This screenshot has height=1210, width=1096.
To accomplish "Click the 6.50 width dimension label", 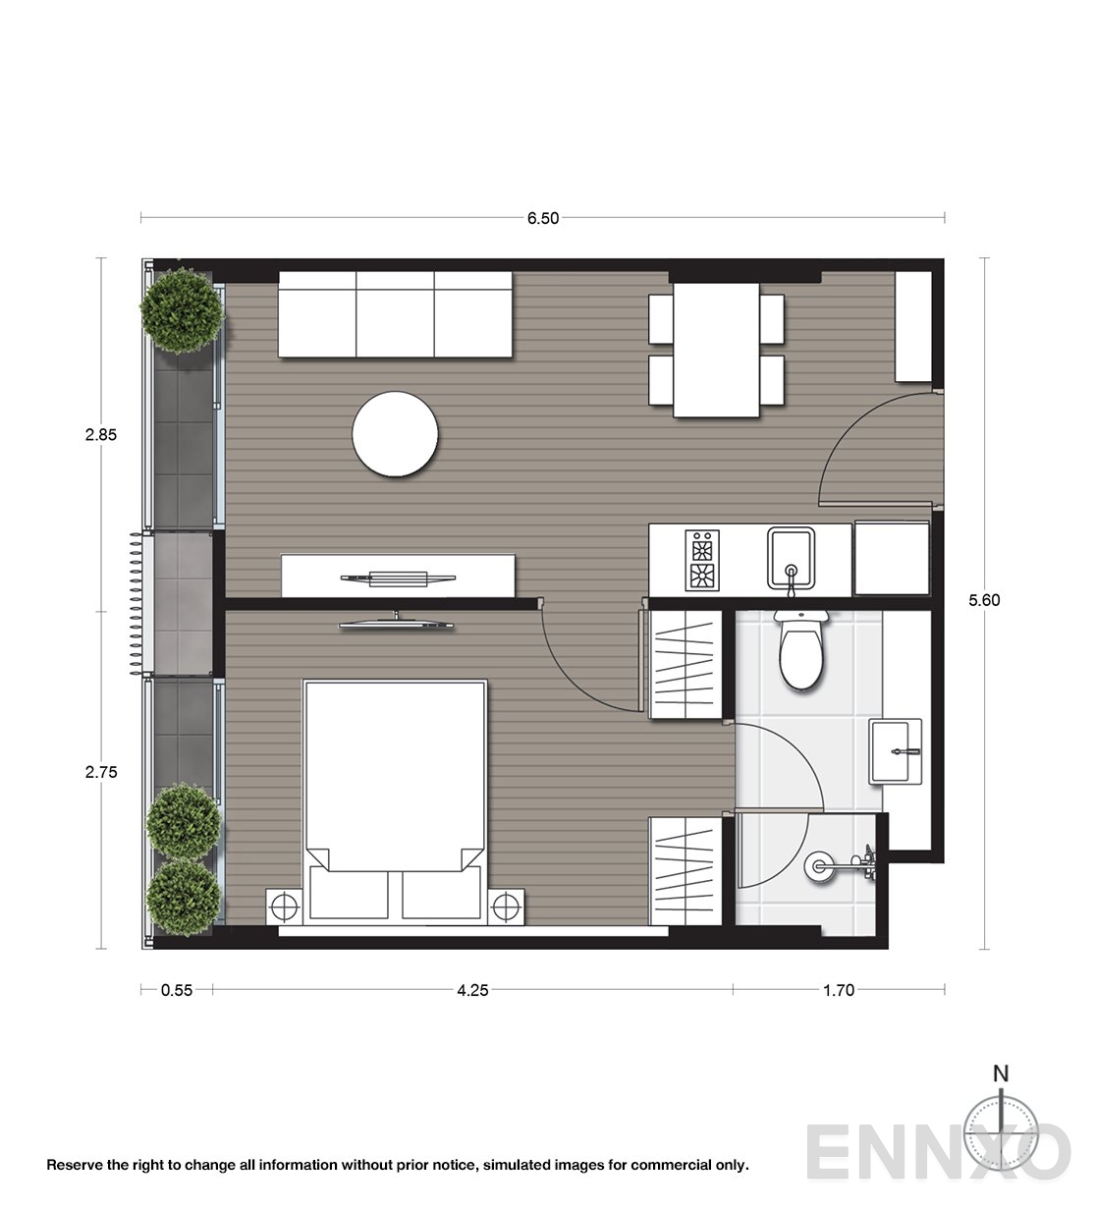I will point(542,219).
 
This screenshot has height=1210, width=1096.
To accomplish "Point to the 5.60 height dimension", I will point(983,601).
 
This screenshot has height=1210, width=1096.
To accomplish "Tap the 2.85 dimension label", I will point(101,435).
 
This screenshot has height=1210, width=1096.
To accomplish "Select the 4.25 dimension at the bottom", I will point(472,990).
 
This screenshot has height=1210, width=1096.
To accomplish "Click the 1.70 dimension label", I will point(838,990).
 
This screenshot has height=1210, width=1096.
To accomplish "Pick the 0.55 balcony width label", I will point(177,990).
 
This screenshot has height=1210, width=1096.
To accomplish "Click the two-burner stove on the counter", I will point(703,560).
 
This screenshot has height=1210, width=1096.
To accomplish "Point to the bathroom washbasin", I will point(896,750).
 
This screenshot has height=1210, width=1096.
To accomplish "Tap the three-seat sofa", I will point(395,314).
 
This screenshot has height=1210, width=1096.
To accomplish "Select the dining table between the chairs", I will point(716,349).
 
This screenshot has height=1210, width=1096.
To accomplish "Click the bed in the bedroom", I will point(396,786).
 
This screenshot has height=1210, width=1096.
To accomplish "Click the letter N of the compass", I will point(1001,1073).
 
